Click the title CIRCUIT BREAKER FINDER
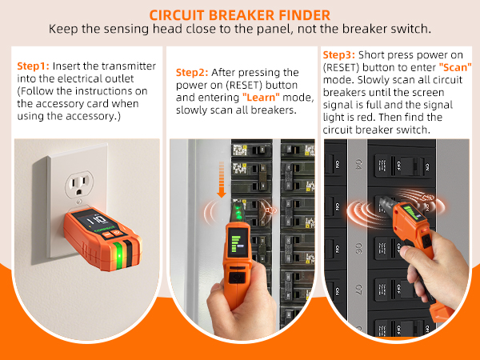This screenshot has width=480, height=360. [240, 15]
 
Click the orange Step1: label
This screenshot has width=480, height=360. [33, 66]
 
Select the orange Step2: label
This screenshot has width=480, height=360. [192, 73]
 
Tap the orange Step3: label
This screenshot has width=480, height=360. [339, 55]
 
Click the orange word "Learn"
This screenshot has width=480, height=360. [261, 98]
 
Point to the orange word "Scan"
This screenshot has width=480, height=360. [455, 67]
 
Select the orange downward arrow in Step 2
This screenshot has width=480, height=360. [222, 180]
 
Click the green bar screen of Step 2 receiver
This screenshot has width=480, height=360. [238, 242]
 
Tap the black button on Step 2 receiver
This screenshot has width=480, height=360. [235, 277]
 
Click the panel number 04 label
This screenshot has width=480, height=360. [358, 163]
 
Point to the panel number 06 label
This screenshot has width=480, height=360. [358, 249]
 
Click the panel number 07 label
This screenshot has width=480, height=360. [358, 289]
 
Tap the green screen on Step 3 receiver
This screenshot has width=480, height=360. [411, 212]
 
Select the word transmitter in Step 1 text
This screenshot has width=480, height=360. [129, 66]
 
